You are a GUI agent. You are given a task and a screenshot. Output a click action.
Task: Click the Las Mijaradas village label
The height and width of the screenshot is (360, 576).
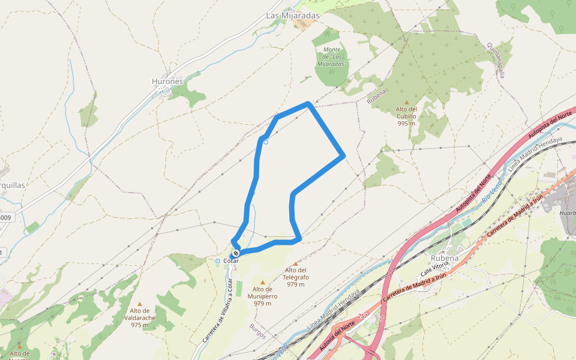tap(293, 16)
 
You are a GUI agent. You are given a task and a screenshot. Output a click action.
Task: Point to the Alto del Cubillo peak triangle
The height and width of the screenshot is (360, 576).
tap(407, 102)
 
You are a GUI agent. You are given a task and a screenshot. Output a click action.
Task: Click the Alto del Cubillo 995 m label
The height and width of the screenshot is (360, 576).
tap(406, 116)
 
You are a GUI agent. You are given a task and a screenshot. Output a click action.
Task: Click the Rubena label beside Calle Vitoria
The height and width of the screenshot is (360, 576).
tap(445, 258)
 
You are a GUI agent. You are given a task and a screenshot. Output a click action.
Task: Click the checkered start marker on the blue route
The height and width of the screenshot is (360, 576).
tap(236, 253)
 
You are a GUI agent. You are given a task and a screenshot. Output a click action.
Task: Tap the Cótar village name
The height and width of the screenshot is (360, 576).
tap(231, 261)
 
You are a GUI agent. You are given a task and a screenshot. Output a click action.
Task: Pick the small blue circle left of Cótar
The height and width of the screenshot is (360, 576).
tap(218, 261)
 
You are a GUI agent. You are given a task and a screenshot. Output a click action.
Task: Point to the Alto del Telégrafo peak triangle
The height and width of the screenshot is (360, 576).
tap(295, 263)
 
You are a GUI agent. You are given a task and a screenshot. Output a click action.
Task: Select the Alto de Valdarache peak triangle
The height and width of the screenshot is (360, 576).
tap(140, 304)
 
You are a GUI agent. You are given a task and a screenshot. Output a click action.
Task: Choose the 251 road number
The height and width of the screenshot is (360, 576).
tap(362, 316)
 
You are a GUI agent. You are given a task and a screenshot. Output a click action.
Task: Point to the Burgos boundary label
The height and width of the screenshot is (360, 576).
tap(257, 331)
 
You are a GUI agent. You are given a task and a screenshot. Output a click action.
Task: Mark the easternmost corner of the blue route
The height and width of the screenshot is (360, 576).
tap(344, 156)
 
